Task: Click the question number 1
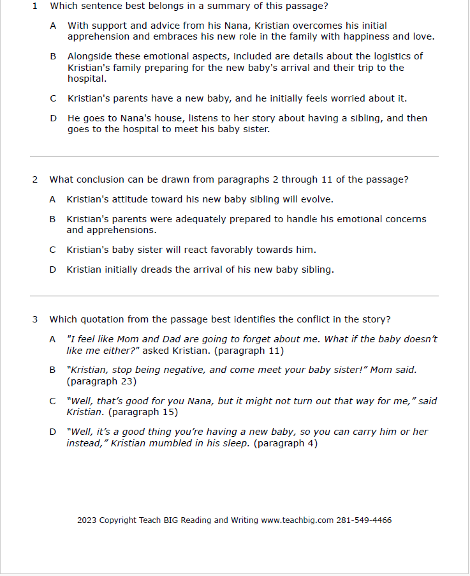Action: tap(35, 6)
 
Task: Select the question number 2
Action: tap(35, 180)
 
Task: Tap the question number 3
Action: tap(35, 319)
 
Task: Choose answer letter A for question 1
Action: tap(53, 26)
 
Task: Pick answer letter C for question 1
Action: tap(53, 98)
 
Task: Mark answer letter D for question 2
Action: tap(53, 269)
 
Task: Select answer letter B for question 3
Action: tap(53, 370)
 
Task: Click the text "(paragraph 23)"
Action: tap(101, 382)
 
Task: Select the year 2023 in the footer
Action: tap(87, 520)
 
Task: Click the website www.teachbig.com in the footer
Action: tap(297, 520)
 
